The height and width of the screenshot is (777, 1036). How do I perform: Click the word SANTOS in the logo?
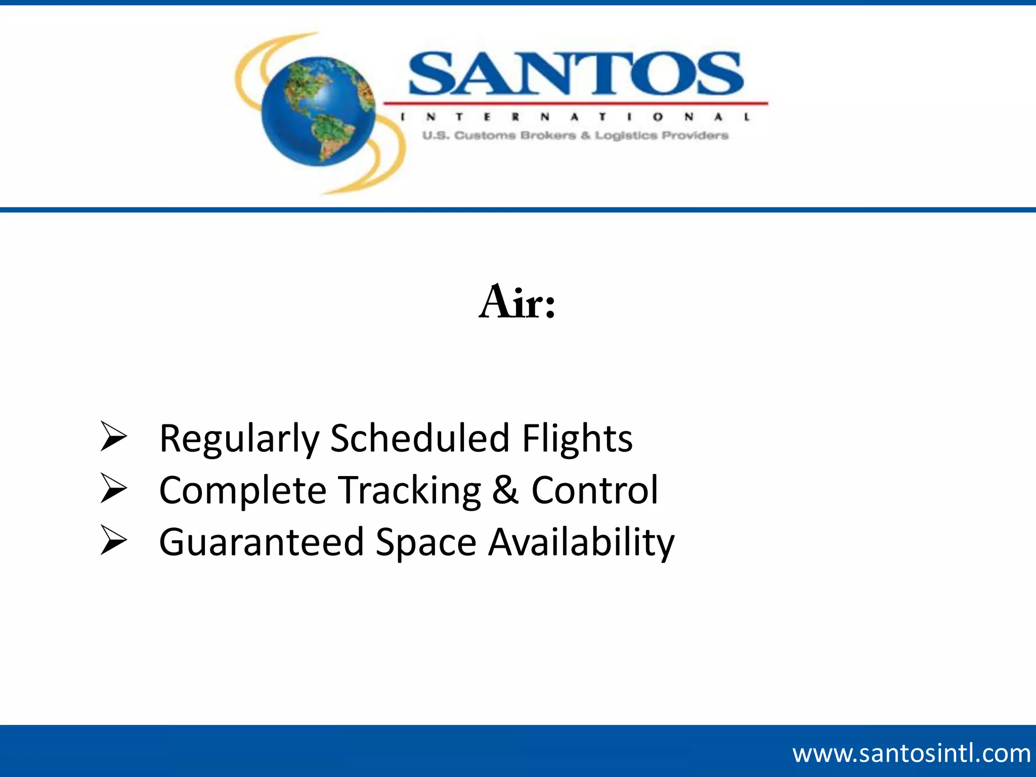[x=575, y=74]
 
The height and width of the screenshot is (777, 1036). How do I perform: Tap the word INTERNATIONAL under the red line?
[x=575, y=117]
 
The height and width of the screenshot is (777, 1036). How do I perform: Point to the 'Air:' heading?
[x=517, y=303]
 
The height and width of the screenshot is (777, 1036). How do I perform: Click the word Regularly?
[x=239, y=439]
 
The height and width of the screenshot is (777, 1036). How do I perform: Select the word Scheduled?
[x=419, y=438]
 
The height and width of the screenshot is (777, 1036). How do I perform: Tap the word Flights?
[x=577, y=439]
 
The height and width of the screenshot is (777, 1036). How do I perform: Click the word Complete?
[x=243, y=491]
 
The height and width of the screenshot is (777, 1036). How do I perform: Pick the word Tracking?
[x=409, y=491]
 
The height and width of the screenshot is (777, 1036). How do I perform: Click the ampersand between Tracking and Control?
[x=505, y=490]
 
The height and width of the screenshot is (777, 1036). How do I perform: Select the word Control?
[x=594, y=490]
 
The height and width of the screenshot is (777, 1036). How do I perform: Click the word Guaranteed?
[x=262, y=542]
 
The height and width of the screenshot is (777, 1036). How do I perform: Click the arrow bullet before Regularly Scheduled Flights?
[x=113, y=436]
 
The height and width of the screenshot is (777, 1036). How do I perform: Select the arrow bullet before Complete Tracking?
[x=113, y=488]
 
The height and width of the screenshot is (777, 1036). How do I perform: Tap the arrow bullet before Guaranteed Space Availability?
[x=113, y=540]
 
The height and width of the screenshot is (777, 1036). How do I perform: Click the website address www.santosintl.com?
[x=911, y=753]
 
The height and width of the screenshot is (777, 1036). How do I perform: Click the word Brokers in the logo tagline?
[x=548, y=136]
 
